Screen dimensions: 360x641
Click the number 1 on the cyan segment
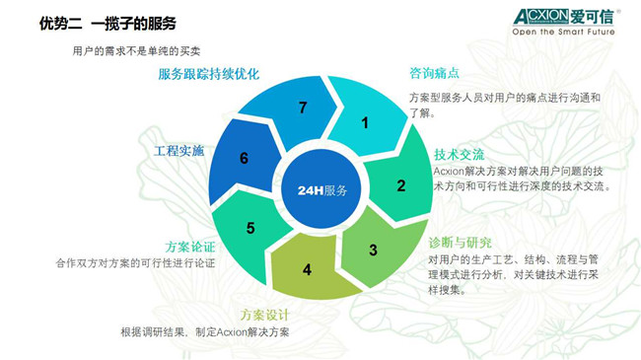click(x=365, y=123)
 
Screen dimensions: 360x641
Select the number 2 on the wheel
click(x=401, y=184)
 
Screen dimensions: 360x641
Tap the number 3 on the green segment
click(x=373, y=250)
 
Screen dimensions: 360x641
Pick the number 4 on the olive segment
click(x=307, y=269)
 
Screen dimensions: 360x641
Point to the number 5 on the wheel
click(x=250, y=229)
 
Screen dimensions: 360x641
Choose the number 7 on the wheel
click(x=303, y=108)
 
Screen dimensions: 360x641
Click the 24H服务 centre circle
click(x=321, y=189)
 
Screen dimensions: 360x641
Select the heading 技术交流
click(x=460, y=155)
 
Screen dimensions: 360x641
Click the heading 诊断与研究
click(x=460, y=243)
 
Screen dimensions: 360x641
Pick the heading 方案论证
click(x=190, y=247)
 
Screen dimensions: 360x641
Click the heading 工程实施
click(x=178, y=152)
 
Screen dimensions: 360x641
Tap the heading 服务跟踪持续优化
click(x=212, y=74)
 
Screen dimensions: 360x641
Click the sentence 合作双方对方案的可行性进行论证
click(x=136, y=263)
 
